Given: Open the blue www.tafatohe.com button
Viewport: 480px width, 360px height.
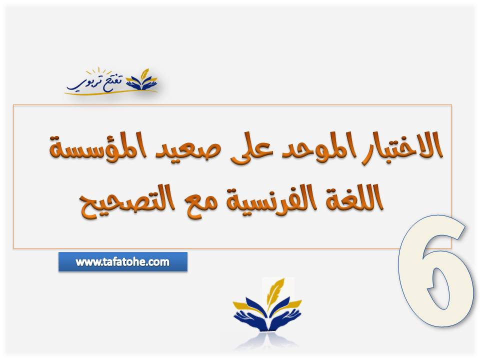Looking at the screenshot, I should tap(122, 261).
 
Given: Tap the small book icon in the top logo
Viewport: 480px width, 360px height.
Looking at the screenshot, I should tap(142, 80).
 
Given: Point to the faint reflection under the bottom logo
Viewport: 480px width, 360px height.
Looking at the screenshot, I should tap(267, 342).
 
